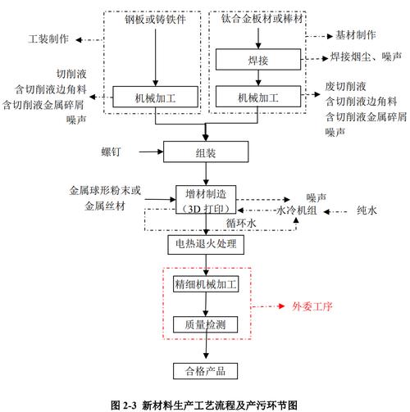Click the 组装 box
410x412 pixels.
click(x=205, y=152)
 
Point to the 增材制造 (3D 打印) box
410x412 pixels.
click(x=205, y=199)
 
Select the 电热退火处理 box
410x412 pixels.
click(x=205, y=244)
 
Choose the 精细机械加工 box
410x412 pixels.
click(x=205, y=286)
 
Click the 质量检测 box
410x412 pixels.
click(x=205, y=325)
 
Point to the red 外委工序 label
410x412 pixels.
click(x=313, y=307)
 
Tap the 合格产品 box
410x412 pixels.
click(x=205, y=371)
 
